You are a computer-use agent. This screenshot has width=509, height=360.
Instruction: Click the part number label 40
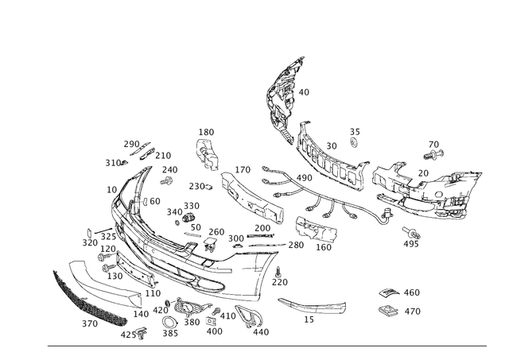coord(304,92)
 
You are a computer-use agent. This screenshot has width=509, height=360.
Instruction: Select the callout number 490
coord(305,178)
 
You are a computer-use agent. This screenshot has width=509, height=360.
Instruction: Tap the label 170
coord(243,169)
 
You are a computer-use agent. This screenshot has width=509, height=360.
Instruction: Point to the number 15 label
coord(309,319)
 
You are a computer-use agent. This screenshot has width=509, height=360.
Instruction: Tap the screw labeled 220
coord(278,272)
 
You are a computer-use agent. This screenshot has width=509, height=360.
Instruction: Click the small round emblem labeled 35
coord(354,142)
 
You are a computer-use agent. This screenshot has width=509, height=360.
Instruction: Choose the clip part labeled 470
coord(388,311)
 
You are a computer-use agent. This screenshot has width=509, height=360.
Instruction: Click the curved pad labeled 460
coord(389,292)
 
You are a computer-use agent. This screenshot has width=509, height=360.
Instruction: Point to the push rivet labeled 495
coord(411,233)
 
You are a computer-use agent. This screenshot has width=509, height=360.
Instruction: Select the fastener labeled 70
coord(433,154)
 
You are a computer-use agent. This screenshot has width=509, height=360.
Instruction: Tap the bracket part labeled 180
coord(207,153)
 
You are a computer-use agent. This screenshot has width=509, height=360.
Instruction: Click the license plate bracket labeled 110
coord(134,269)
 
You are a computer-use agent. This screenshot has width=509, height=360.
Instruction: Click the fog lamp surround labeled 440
coord(248,315)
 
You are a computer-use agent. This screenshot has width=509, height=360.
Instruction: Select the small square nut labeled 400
coord(211,321)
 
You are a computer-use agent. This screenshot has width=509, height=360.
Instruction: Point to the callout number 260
coord(216,232)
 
